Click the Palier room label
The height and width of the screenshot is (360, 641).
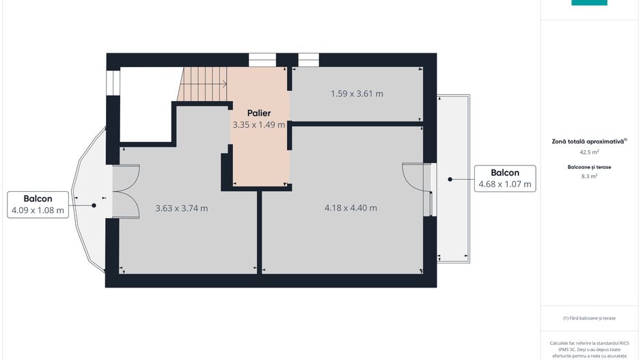pos(259,113)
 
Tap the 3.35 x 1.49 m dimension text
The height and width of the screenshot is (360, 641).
pos(259,125)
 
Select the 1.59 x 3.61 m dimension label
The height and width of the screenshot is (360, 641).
pos(357,94)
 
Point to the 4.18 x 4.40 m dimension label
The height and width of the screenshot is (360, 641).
pos(351,208)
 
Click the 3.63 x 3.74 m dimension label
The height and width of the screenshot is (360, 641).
pos(182,208)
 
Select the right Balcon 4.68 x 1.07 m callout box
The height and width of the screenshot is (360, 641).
pos(504,179)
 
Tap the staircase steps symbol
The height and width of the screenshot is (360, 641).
pos(203,84)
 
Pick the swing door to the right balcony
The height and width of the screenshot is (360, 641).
pos(417,179)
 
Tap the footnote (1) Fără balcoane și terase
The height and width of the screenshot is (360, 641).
pos(589,318)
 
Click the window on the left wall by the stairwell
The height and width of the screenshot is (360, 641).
pos(113,82)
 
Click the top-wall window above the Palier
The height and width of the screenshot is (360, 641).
pos(262,60)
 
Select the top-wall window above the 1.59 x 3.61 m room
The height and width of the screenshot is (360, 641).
pos(308,60)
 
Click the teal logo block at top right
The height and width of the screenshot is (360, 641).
pos(588,2)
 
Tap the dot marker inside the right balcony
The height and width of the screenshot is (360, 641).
pos(450,179)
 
